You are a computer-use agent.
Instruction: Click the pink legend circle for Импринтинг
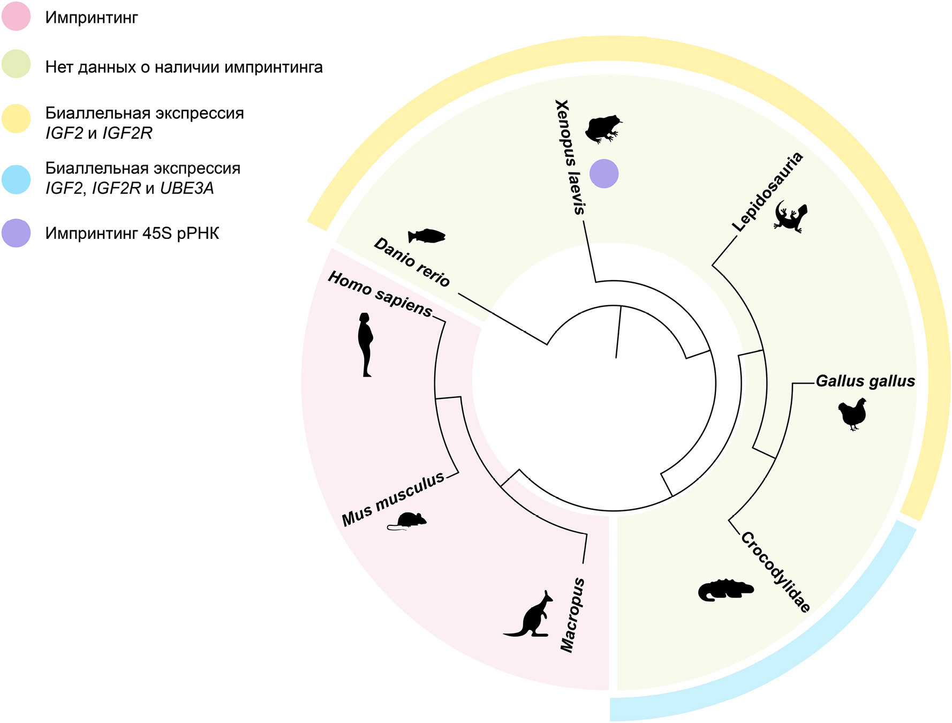[16, 16]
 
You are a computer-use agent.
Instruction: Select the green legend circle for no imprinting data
[16, 64]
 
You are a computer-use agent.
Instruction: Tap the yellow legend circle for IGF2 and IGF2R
[16, 118]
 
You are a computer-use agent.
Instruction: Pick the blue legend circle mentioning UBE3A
[16, 179]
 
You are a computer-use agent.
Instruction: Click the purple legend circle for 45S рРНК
[16, 233]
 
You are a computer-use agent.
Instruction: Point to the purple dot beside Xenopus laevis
[604, 174]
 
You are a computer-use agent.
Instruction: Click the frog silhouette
[603, 129]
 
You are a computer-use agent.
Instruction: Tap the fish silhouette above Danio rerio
[427, 236]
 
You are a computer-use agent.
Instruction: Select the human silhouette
[365, 344]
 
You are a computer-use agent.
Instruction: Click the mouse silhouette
[407, 521]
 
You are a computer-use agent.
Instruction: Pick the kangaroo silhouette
[531, 615]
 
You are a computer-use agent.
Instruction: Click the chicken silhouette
[852, 413]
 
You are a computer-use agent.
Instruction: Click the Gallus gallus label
[865, 381]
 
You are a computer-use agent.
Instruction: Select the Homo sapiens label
[380, 293]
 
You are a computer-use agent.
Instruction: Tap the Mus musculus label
[393, 499]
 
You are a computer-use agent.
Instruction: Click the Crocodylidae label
[776, 571]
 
